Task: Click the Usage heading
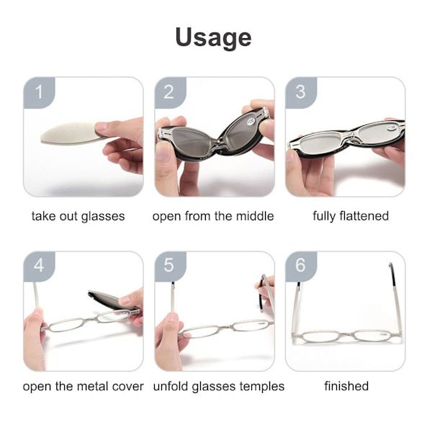tap(214, 38)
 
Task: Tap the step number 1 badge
tap(39, 93)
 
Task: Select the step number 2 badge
tap(170, 93)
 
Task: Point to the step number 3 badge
tap(300, 93)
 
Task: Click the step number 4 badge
tap(39, 266)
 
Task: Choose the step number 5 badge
tap(170, 266)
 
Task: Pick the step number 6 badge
tap(300, 266)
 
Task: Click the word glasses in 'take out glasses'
tap(103, 217)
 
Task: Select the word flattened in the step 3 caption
tap(364, 216)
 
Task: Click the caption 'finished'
tap(346, 386)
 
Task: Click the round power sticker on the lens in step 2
tap(251, 121)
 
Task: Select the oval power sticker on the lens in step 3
tap(392, 127)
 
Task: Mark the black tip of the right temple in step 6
tap(392, 274)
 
